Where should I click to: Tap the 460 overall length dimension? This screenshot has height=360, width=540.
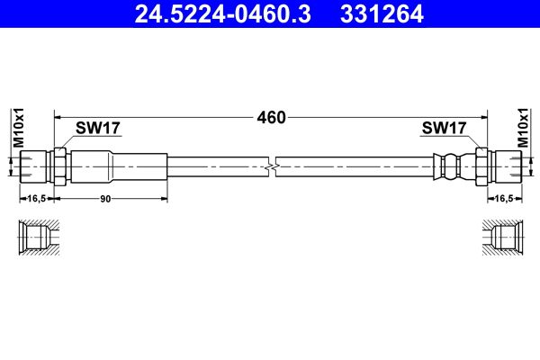point(271,117)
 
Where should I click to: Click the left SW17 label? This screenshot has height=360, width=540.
point(98,129)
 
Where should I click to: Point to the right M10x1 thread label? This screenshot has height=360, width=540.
point(524,129)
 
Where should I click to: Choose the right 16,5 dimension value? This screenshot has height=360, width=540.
point(504,198)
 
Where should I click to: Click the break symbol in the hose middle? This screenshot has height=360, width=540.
point(271,166)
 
